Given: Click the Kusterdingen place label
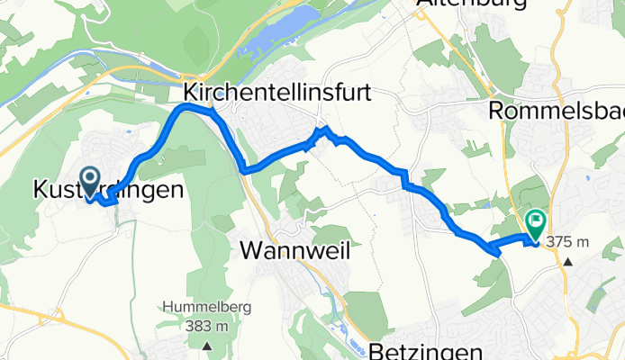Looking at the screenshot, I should [109, 190].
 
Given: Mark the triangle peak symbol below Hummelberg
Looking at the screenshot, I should [208, 345].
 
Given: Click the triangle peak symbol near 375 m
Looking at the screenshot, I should [569, 262].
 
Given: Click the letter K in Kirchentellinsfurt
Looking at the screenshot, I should [190, 92].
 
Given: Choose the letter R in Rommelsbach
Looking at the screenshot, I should [494, 112].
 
